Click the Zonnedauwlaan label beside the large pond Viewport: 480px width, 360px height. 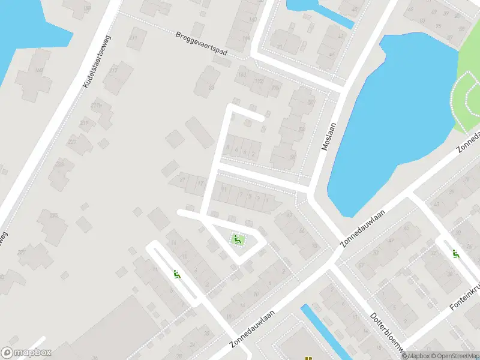[x=364, y=223]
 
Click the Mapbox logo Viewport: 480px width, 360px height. [x=26, y=353]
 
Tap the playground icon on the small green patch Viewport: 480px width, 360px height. [x=238, y=240]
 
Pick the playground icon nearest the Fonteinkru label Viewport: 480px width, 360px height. [x=456, y=254]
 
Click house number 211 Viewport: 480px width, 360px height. [x=132, y=38]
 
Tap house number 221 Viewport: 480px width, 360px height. [x=71, y=142]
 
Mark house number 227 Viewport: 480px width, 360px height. [x=22, y=252]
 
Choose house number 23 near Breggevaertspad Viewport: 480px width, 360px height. [x=211, y=88]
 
